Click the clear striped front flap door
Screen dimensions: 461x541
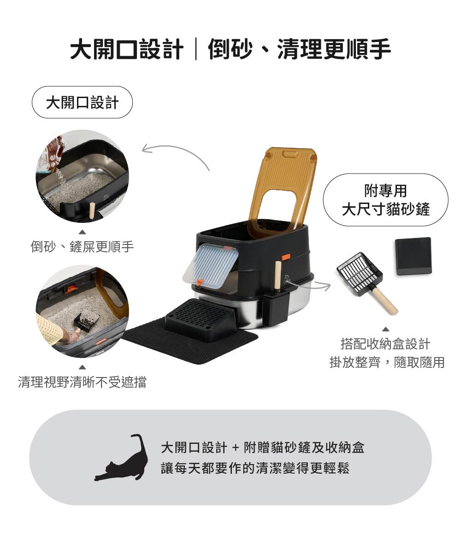point(211,266)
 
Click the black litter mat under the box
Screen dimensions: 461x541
point(190,342)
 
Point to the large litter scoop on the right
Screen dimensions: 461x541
point(366,281)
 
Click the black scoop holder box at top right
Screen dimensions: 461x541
point(414,256)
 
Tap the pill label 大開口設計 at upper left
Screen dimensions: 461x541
point(82,103)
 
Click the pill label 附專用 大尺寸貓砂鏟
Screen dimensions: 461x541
point(385,200)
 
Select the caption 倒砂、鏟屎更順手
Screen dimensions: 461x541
point(82,247)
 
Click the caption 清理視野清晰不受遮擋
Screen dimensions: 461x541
point(82,382)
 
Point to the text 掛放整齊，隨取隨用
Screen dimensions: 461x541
point(387,362)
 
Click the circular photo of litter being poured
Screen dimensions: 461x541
point(82,176)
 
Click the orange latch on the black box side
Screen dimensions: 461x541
point(286,257)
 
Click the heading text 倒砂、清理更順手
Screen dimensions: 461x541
point(299,49)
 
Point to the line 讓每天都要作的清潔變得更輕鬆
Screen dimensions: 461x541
point(255,468)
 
